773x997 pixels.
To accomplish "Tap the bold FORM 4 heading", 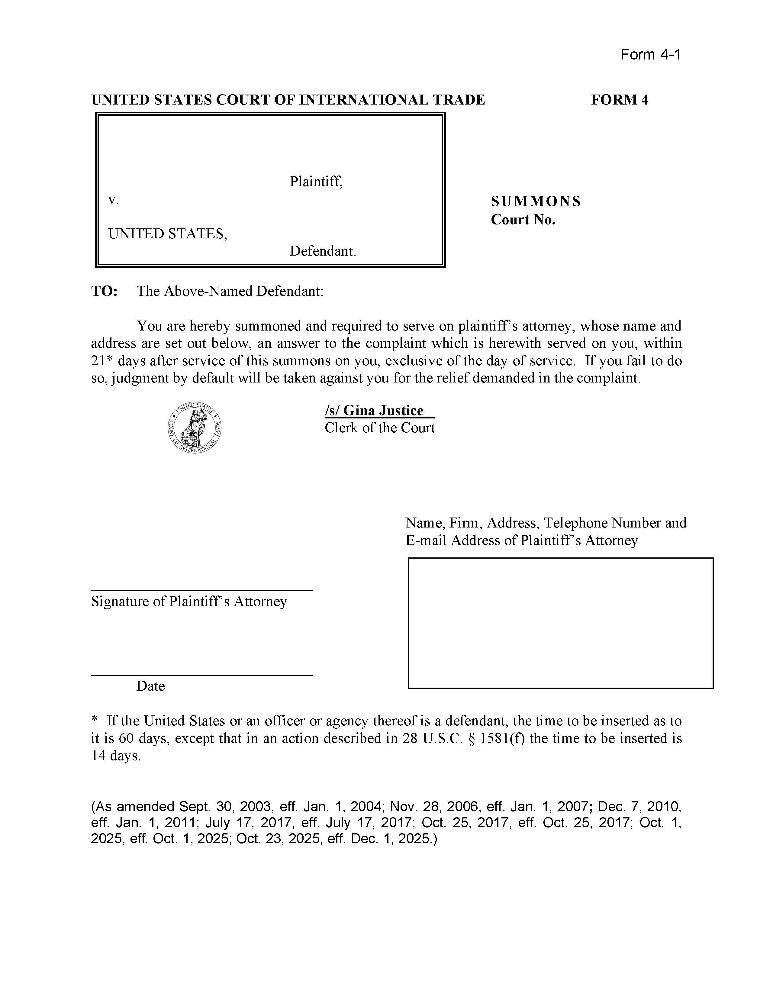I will [x=619, y=100].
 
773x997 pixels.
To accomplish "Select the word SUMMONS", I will [x=536, y=201].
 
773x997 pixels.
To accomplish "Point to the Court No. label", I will [x=523, y=220].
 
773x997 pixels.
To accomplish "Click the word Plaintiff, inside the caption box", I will [x=316, y=182].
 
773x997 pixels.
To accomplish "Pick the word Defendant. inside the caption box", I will [x=323, y=251].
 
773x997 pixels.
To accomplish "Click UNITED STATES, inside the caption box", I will [x=167, y=234].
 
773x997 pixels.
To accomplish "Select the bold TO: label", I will [x=105, y=291].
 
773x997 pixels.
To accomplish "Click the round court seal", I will [x=195, y=428].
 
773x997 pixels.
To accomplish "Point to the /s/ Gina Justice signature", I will [x=379, y=410].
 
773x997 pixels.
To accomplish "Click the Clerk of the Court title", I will [x=380, y=428].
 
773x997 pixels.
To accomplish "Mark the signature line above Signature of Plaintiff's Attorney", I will [x=202, y=591].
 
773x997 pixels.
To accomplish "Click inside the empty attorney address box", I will [x=560, y=623].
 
